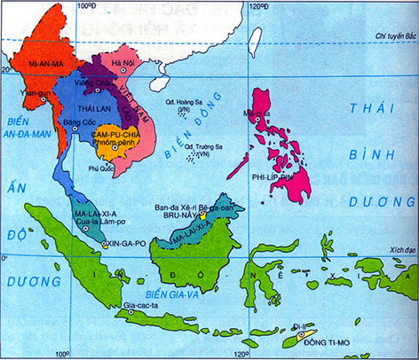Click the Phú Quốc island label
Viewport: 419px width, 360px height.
(104, 165)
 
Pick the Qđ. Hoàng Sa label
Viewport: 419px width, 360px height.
(183, 105)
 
